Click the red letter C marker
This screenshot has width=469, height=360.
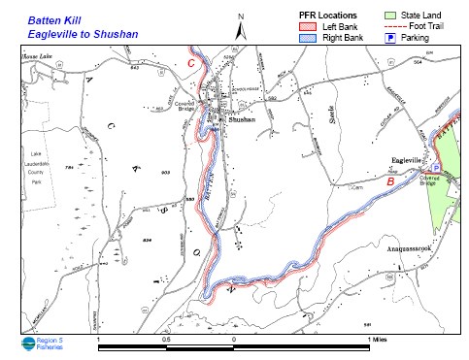click(192, 64)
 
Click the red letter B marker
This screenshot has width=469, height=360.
click(389, 180)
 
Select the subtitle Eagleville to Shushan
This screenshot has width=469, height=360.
click(82, 33)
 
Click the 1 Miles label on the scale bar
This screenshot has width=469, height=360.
click(379, 339)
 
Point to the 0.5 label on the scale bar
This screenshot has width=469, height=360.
click(166, 339)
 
